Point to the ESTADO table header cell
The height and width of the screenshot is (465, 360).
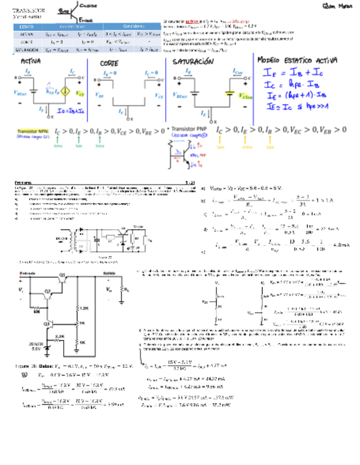(x=26, y=26)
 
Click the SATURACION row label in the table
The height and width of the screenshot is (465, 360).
(x=26, y=49)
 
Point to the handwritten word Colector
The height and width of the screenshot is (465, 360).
(x=88, y=5)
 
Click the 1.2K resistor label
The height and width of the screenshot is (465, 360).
(x=83, y=309)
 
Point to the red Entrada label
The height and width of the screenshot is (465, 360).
(x=27, y=272)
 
